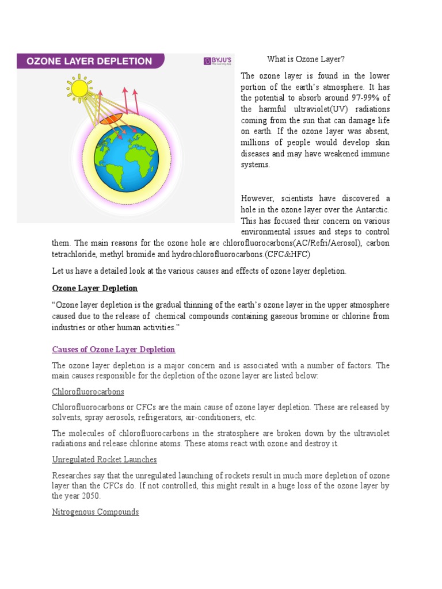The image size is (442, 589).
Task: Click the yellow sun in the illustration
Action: point(79,88)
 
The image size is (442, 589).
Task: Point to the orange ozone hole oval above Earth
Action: point(111,118)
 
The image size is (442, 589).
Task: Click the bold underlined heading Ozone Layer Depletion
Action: point(95,288)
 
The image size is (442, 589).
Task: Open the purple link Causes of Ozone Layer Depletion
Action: point(113,349)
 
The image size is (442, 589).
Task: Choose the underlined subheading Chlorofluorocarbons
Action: point(88,392)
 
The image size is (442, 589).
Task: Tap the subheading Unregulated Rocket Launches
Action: point(104,460)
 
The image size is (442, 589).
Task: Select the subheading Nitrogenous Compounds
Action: point(96,511)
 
